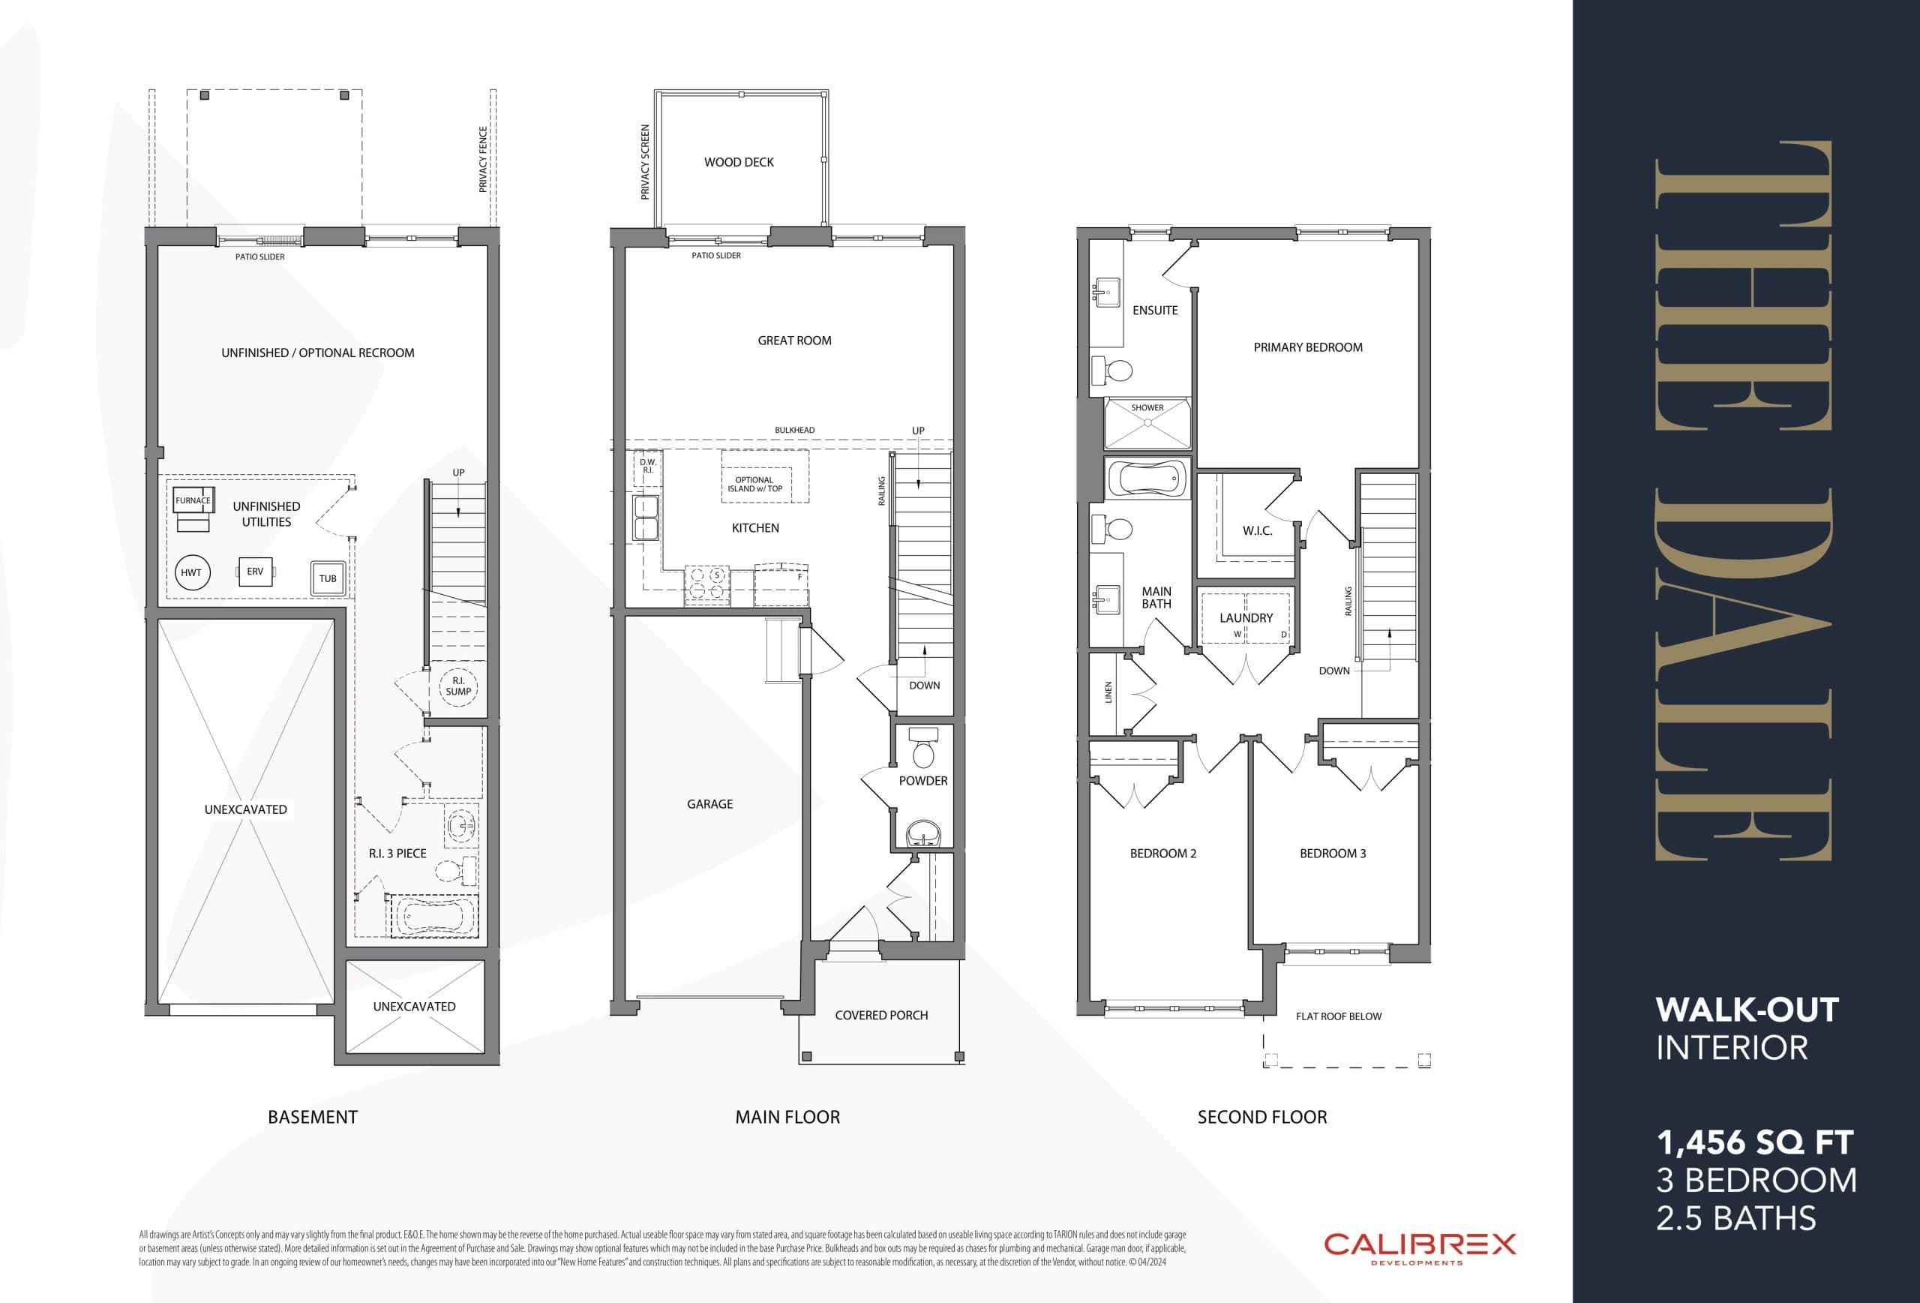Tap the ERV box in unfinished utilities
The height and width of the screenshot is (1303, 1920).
point(255,572)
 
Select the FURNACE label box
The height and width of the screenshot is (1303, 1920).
point(193,500)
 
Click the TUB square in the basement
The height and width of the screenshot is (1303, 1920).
point(328,578)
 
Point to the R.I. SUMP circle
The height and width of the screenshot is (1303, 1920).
point(458,686)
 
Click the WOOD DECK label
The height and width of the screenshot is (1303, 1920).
point(739,162)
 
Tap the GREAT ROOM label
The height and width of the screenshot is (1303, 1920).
point(794,341)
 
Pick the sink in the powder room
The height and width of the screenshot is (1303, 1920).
point(922,833)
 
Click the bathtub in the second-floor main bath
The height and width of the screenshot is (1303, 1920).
point(1147,479)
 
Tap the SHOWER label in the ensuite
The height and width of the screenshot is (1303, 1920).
point(1147,407)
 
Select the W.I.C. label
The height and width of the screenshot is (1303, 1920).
point(1256,530)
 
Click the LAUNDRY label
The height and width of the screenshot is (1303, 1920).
point(1246,618)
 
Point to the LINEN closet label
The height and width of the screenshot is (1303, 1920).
point(1108,692)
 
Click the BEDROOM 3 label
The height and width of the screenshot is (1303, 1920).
point(1332,854)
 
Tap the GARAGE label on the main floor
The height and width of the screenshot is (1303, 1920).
point(709,804)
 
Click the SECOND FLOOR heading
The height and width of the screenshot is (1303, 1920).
point(1261,1117)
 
